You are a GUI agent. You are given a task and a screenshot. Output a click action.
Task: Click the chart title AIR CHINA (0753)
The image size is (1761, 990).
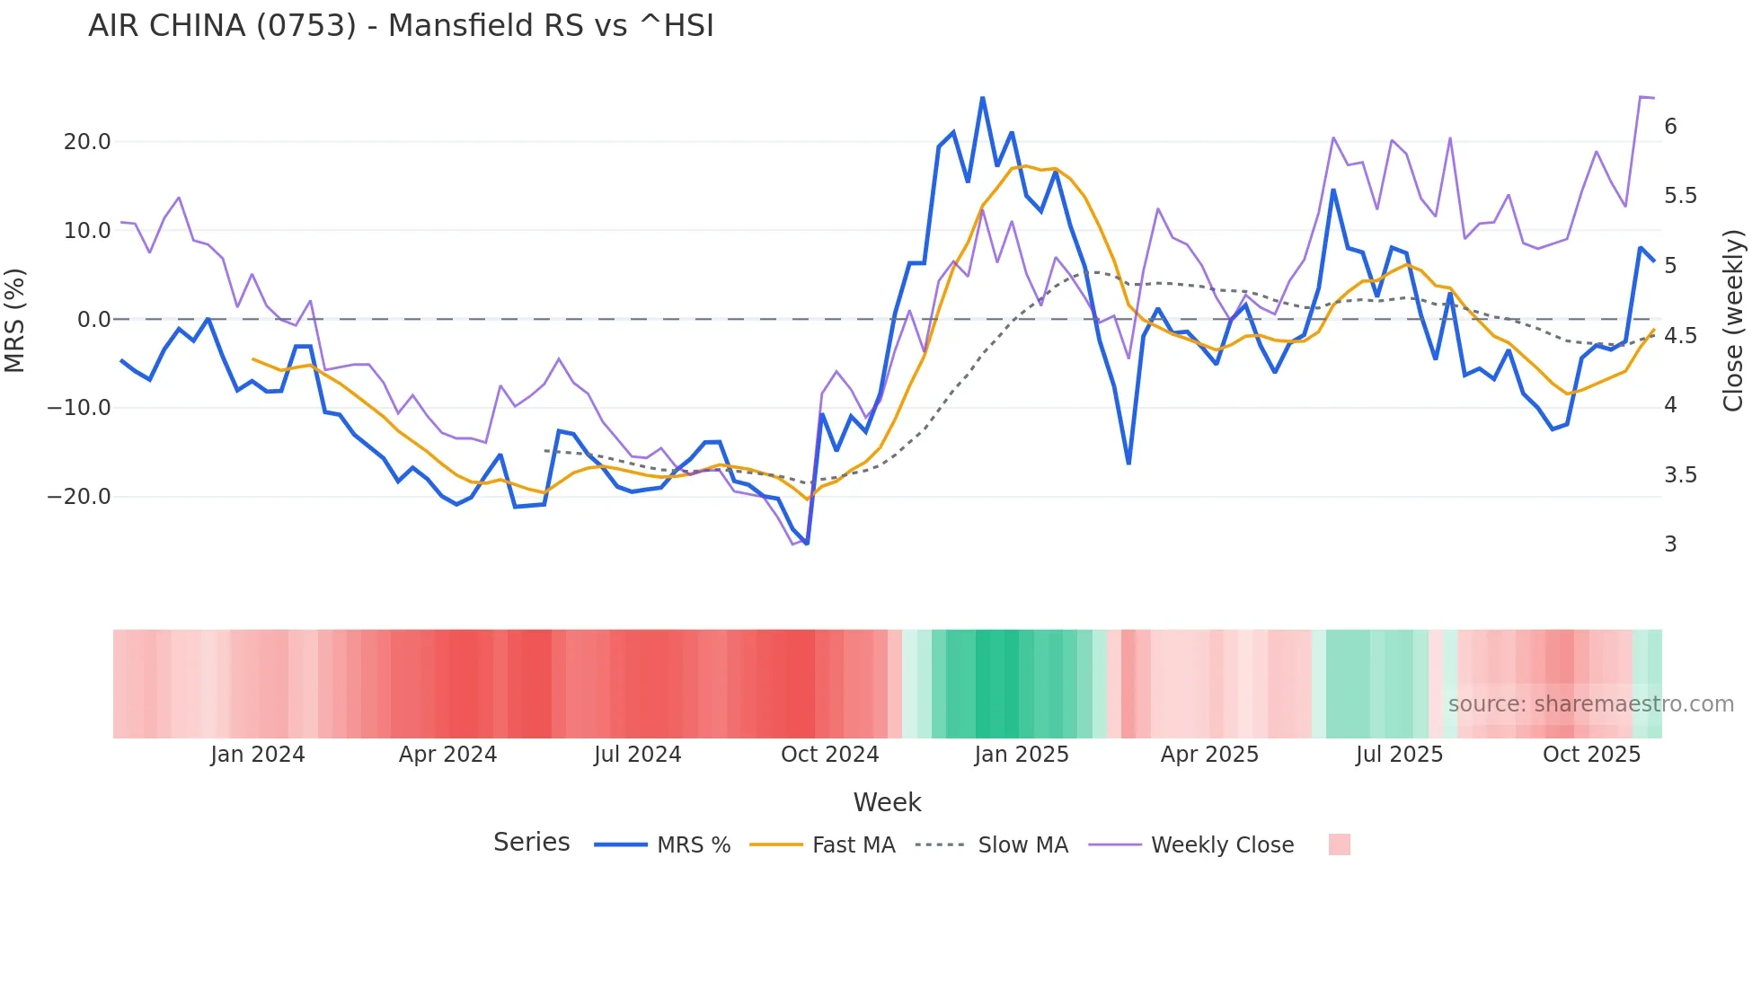click(x=401, y=26)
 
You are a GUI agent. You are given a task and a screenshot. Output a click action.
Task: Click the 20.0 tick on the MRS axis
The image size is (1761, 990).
click(x=87, y=142)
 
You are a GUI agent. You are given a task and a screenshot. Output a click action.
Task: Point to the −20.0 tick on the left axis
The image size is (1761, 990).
click(x=79, y=497)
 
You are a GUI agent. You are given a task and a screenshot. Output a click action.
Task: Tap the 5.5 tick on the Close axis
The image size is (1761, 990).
click(x=1680, y=196)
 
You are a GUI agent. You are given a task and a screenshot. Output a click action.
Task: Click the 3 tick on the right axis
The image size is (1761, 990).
click(x=1670, y=544)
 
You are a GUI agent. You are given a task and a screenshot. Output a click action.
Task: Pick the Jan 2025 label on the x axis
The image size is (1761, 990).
click(x=1022, y=755)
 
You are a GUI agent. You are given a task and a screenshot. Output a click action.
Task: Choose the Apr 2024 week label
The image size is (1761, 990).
click(x=447, y=755)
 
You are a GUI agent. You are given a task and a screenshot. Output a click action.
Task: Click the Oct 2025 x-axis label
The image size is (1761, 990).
click(x=1591, y=755)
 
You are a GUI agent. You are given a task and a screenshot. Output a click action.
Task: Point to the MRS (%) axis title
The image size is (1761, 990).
click(x=15, y=320)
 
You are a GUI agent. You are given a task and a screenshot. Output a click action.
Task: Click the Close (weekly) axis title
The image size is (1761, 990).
click(x=1733, y=320)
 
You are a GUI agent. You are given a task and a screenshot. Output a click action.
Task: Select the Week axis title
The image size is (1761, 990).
click(x=887, y=802)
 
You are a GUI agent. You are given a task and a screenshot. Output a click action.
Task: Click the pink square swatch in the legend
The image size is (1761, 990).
click(x=1339, y=844)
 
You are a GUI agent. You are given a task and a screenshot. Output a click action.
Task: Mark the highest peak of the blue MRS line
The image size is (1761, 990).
click(x=983, y=98)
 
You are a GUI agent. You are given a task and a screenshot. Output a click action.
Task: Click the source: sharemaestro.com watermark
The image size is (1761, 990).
click(x=1590, y=704)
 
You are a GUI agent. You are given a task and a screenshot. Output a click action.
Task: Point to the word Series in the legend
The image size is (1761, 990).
click(x=531, y=843)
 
